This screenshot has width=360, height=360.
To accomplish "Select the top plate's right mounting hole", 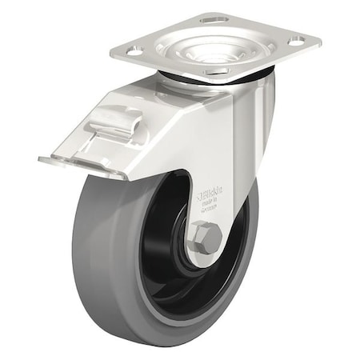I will coord(296,40).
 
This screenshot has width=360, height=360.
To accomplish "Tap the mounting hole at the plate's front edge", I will coord(214,72).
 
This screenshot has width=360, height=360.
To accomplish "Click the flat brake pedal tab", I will coord(80,164).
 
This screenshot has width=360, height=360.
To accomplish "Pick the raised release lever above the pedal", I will coord(116,124).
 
